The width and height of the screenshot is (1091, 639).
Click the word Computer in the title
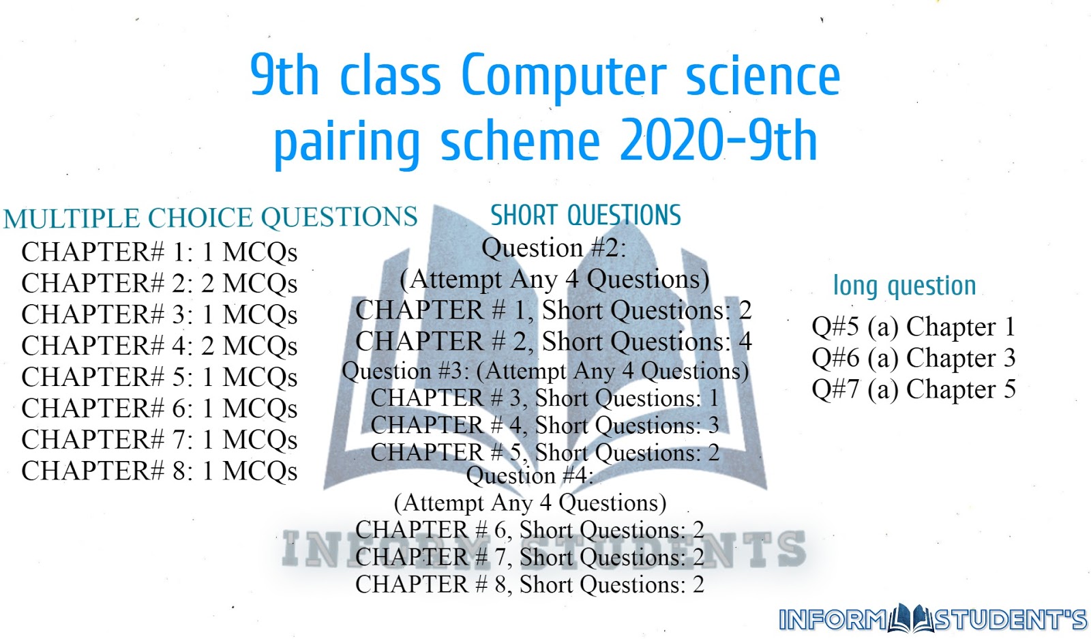point(563,76)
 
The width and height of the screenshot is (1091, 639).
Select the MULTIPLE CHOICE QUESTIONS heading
point(210,218)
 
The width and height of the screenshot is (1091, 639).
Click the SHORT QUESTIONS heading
point(586,216)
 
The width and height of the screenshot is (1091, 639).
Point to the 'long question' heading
point(904,286)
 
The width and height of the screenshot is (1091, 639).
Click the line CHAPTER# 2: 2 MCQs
point(160,283)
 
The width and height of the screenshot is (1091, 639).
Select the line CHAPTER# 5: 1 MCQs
point(160,377)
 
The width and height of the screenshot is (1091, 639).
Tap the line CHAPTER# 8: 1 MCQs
point(160,471)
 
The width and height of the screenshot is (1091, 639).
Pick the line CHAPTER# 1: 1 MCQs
point(160,252)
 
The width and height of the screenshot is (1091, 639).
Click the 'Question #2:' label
point(554,248)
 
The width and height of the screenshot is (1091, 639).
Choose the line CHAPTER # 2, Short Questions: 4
point(553,341)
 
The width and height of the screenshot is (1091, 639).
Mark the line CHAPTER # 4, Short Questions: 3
point(545,426)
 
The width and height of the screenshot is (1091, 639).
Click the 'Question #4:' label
point(530,475)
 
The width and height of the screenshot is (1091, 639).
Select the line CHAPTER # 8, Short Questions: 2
point(530,584)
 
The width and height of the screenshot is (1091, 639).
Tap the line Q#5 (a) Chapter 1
point(913,327)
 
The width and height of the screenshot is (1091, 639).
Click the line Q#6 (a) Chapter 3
point(913,358)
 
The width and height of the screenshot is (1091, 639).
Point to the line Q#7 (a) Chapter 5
point(913,389)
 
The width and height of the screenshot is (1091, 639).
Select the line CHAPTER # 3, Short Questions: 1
point(545,398)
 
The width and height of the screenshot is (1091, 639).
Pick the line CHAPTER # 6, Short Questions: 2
point(530,530)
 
